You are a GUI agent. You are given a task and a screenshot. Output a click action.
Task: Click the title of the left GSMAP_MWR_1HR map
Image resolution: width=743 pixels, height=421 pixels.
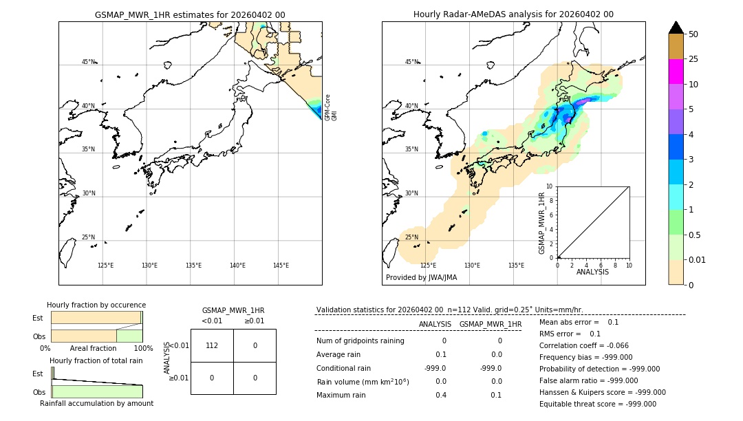pyautogui.click(x=190, y=14)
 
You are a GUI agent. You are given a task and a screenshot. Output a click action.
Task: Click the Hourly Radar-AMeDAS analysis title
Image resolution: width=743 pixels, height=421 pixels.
pyautogui.click(x=513, y=14)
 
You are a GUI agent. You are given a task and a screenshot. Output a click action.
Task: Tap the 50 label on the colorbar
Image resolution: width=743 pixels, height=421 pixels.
pyautogui.click(x=693, y=34)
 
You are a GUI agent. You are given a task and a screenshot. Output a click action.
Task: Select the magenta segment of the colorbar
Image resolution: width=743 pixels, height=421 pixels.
pyautogui.click(x=676, y=72)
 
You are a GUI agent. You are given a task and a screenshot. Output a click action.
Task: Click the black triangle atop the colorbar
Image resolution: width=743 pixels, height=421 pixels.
pyautogui.click(x=676, y=28)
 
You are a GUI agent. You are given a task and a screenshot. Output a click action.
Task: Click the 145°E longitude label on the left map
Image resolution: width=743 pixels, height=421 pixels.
pyautogui.click(x=281, y=266)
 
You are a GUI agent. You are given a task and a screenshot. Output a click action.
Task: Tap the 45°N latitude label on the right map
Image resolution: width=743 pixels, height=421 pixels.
pyautogui.click(x=411, y=62)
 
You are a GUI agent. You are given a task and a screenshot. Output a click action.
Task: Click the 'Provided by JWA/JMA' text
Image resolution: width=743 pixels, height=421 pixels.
pyautogui.click(x=421, y=278)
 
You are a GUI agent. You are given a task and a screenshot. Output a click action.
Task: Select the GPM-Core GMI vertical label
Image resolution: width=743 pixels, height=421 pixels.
pyautogui.click(x=331, y=107)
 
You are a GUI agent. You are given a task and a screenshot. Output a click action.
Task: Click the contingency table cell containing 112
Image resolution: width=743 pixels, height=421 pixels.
pyautogui.click(x=212, y=345)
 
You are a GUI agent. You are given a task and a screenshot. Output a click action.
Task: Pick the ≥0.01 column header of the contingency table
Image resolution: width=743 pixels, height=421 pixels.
pyautogui.click(x=255, y=321)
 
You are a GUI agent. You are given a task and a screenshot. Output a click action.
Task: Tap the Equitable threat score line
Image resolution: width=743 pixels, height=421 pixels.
pyautogui.click(x=597, y=404)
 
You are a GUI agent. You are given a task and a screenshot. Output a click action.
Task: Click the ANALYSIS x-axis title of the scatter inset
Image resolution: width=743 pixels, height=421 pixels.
pyautogui.click(x=592, y=272)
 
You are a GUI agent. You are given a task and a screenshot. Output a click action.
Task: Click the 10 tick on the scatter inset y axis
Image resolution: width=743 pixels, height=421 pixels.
pyautogui.click(x=550, y=186)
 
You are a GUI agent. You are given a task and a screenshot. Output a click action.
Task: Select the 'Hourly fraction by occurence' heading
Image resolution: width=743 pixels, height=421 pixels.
pyautogui.click(x=96, y=305)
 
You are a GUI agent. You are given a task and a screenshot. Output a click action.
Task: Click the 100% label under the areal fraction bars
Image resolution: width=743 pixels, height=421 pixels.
pyautogui.click(x=143, y=349)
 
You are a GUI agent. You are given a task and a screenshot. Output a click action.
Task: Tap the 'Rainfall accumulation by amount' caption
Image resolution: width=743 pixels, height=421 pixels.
pyautogui.click(x=96, y=404)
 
